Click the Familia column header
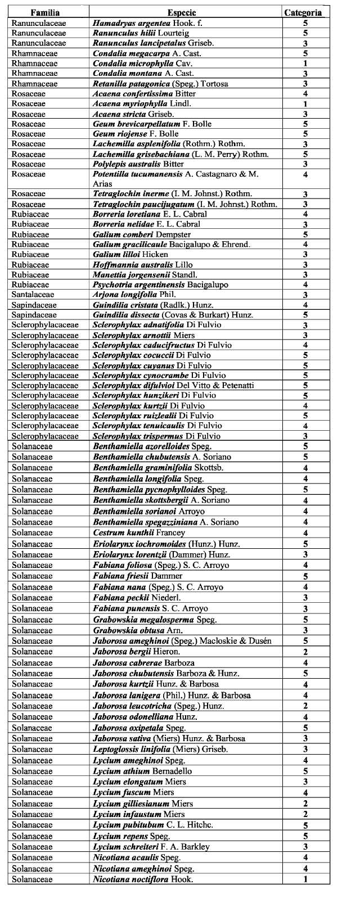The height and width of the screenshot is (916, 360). click(x=45, y=12)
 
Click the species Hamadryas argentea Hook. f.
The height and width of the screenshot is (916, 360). click(x=140, y=23)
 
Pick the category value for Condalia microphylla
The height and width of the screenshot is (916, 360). click(x=305, y=64)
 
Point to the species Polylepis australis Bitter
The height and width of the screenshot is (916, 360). click(x=138, y=164)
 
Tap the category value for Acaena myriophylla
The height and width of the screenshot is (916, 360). click(x=305, y=104)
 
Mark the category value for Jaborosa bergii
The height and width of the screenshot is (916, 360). click(x=305, y=652)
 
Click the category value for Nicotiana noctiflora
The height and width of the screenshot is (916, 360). click(x=305, y=879)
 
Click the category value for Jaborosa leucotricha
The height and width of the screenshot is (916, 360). click(x=305, y=706)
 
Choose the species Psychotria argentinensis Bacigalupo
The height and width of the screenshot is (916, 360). click(x=160, y=285)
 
